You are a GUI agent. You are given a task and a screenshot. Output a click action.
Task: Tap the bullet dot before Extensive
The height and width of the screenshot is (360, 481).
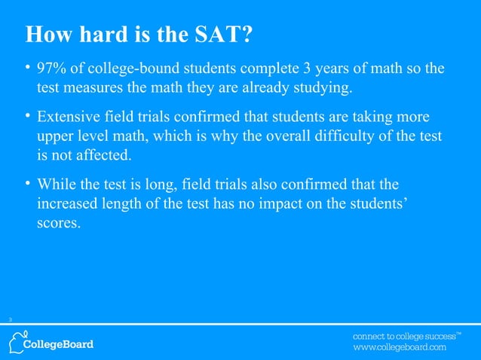(x=28, y=118)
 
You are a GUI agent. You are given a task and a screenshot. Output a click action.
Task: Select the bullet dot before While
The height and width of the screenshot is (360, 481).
(x=28, y=185)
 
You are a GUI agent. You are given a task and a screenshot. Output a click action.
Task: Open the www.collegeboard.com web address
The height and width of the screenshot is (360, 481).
(x=400, y=348)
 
